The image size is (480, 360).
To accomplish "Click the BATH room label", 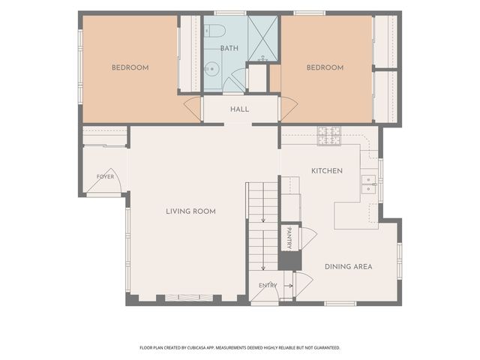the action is click(x=229, y=48).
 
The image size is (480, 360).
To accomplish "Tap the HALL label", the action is click(x=240, y=109).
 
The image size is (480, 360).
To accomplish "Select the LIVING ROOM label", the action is click(x=190, y=211).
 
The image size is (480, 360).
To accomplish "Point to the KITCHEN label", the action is click(x=327, y=171).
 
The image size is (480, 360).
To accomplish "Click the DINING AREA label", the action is click(x=348, y=267).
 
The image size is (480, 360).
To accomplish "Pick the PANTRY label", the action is click(x=289, y=238).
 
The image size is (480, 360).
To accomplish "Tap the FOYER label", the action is click(x=105, y=177).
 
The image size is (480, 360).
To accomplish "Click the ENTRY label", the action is click(x=268, y=286).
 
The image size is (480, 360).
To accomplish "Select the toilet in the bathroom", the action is click(x=214, y=31).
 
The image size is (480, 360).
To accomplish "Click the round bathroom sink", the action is click(x=211, y=69).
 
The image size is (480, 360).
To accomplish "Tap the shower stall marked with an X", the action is click(x=262, y=38).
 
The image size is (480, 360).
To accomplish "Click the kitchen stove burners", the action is click(x=329, y=136).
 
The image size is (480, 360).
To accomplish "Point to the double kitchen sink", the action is click(x=369, y=184).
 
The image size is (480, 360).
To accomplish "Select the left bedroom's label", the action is click(x=130, y=67).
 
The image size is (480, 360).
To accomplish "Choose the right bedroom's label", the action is click(x=325, y=67).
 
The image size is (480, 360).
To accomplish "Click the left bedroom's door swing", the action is click(x=192, y=109).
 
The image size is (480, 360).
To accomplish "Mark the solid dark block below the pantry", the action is click(x=289, y=261).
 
